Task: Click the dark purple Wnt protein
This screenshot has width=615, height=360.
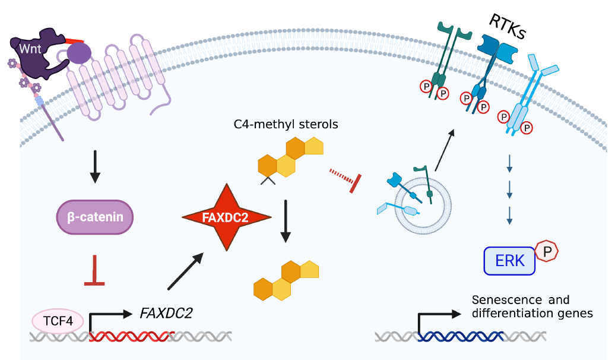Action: [37, 53]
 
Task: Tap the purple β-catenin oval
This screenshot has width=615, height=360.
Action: [95, 217]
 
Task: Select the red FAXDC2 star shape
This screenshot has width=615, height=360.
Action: [226, 217]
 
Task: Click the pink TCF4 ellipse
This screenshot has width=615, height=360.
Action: [58, 321]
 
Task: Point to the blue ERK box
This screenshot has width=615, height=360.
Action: [509, 261]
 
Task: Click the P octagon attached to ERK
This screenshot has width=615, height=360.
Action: [547, 251]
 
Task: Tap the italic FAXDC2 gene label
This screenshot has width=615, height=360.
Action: [166, 313]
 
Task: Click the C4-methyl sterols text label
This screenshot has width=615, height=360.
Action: [286, 124]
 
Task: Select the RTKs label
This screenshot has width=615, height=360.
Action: [507, 27]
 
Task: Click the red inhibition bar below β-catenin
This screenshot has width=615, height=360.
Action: [94, 271]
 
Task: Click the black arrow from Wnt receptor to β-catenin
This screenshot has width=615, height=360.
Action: [95, 166]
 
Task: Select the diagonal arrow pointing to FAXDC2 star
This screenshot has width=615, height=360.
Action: [185, 271]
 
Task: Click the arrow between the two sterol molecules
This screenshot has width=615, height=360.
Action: [286, 222]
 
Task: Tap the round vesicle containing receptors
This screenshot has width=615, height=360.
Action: [423, 206]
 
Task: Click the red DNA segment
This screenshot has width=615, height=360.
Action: [132, 336]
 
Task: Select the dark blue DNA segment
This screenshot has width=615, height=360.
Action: [461, 336]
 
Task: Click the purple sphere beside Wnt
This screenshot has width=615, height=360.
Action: [79, 53]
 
